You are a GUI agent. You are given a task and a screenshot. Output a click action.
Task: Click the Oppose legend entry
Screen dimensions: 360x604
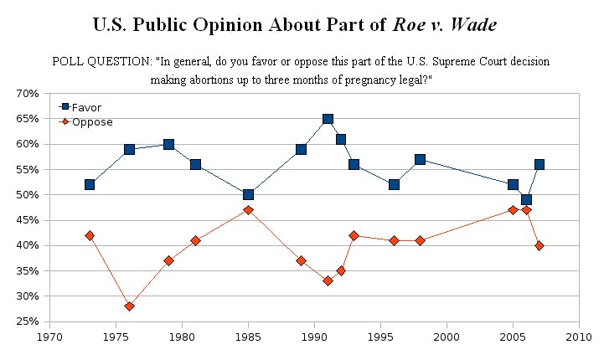pyautogui.click(x=87, y=122)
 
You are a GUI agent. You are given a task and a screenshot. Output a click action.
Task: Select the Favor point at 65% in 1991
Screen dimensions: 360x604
pyautogui.click(x=328, y=119)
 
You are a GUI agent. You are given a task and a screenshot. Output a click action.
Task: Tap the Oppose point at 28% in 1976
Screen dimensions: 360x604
pyautogui.click(x=129, y=306)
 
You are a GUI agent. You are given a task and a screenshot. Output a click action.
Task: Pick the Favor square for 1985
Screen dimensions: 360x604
pyautogui.click(x=248, y=195)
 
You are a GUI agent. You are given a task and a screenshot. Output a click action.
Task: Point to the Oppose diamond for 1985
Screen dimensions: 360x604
pyautogui.click(x=248, y=210)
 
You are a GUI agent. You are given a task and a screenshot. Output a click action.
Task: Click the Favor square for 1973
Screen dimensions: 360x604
pyautogui.click(x=90, y=184)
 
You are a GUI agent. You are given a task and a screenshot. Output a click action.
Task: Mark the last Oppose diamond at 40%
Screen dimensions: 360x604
pyautogui.click(x=539, y=245)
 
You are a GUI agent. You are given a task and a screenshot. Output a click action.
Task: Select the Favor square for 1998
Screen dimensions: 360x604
pyautogui.click(x=420, y=159)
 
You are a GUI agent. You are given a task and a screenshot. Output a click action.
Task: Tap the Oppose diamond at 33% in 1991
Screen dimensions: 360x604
pyautogui.click(x=328, y=280)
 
